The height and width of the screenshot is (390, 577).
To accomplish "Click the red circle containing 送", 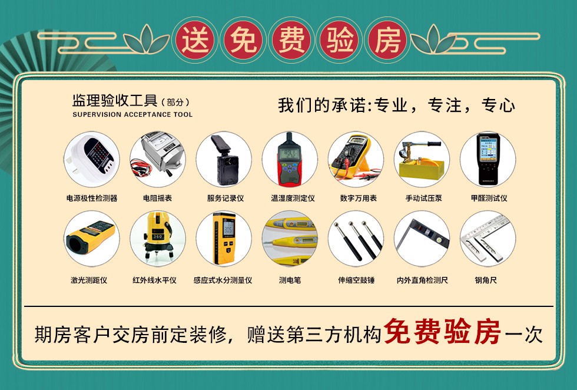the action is (195, 40).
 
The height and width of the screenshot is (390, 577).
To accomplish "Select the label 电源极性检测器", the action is (92, 198).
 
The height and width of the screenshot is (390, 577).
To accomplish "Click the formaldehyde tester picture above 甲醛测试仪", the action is (488, 159).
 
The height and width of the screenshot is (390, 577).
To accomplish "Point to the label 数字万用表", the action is (358, 198).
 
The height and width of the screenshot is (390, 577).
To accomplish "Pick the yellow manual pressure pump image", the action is (422, 159).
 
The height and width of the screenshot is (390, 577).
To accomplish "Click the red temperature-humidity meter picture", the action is (290, 159).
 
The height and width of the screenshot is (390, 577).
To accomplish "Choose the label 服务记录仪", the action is (225, 198).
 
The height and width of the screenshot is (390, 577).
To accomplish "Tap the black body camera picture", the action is (224, 159).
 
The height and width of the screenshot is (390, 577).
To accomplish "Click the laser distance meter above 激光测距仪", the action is (92, 239).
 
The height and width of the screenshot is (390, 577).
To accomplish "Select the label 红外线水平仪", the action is (154, 280).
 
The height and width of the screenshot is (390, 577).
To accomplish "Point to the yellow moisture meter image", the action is (224, 239).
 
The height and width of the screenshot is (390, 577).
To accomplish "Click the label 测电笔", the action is (290, 280).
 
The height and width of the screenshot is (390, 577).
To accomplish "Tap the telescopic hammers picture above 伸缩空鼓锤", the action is (356, 239).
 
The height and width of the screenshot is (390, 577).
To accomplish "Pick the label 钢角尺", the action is (486, 280).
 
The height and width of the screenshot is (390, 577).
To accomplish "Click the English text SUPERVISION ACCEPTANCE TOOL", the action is (132, 114).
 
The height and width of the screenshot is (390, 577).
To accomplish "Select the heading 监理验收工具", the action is (115, 100).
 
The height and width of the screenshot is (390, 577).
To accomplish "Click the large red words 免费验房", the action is (442, 332).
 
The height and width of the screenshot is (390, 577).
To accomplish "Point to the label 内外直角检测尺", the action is (422, 280).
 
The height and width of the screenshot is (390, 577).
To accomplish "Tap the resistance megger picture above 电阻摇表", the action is (158, 159).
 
